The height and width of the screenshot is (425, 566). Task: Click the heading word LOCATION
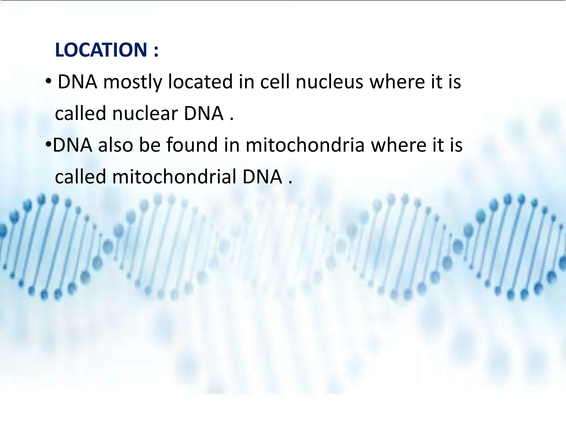(101, 50)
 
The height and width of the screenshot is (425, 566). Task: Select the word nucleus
(329, 82)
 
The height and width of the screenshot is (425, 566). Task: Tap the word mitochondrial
(174, 177)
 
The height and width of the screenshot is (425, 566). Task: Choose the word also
(116, 145)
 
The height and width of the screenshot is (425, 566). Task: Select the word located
(200, 82)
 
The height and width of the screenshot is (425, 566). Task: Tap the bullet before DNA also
(48, 144)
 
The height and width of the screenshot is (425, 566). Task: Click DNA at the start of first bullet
(77, 82)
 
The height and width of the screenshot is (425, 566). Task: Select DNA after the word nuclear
(204, 114)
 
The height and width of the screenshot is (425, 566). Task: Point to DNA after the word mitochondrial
(262, 177)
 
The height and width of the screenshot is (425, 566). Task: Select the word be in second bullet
(150, 145)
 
